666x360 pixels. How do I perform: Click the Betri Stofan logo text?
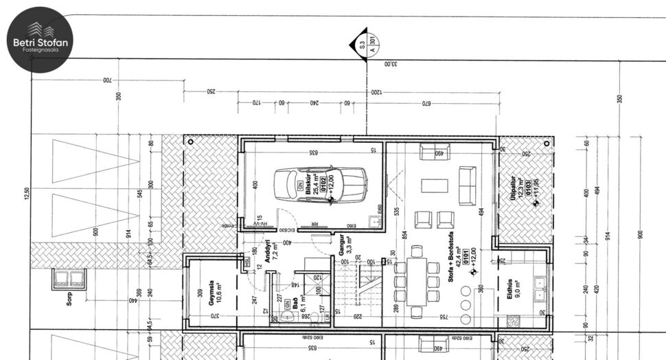41,43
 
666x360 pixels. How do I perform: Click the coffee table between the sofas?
435,185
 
